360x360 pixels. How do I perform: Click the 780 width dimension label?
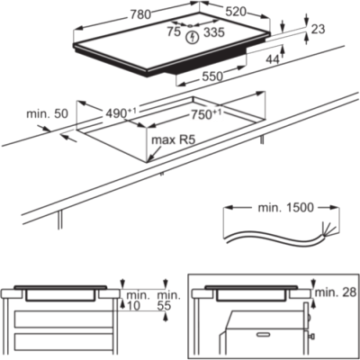coord(140,14)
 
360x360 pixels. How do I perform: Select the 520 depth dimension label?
coord(236,12)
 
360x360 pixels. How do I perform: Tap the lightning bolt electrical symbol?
coord(193,38)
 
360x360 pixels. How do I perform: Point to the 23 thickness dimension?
coord(318,29)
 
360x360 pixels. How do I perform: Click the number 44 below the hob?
coord(273,59)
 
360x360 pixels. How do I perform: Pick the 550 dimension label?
coord(212,76)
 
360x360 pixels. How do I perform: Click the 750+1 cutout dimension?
coord(206,114)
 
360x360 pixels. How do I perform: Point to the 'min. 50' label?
coord(48,114)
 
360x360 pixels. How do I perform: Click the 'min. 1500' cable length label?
coord(285,208)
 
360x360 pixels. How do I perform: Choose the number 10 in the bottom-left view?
coord(133,306)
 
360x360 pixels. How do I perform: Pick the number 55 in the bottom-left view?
coord(164,306)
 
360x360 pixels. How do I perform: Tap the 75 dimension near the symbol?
coord(174,31)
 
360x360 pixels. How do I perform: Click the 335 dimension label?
coord(214,32)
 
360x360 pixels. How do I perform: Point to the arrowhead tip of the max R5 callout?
coord(148,162)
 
